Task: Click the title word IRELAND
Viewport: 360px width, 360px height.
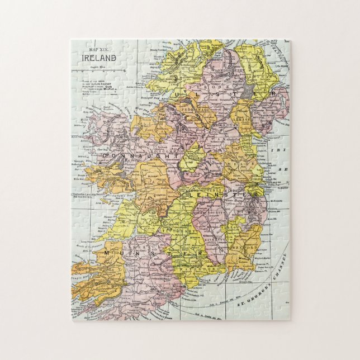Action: pos(96,58)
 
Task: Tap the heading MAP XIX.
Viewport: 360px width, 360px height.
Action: pos(97,50)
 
